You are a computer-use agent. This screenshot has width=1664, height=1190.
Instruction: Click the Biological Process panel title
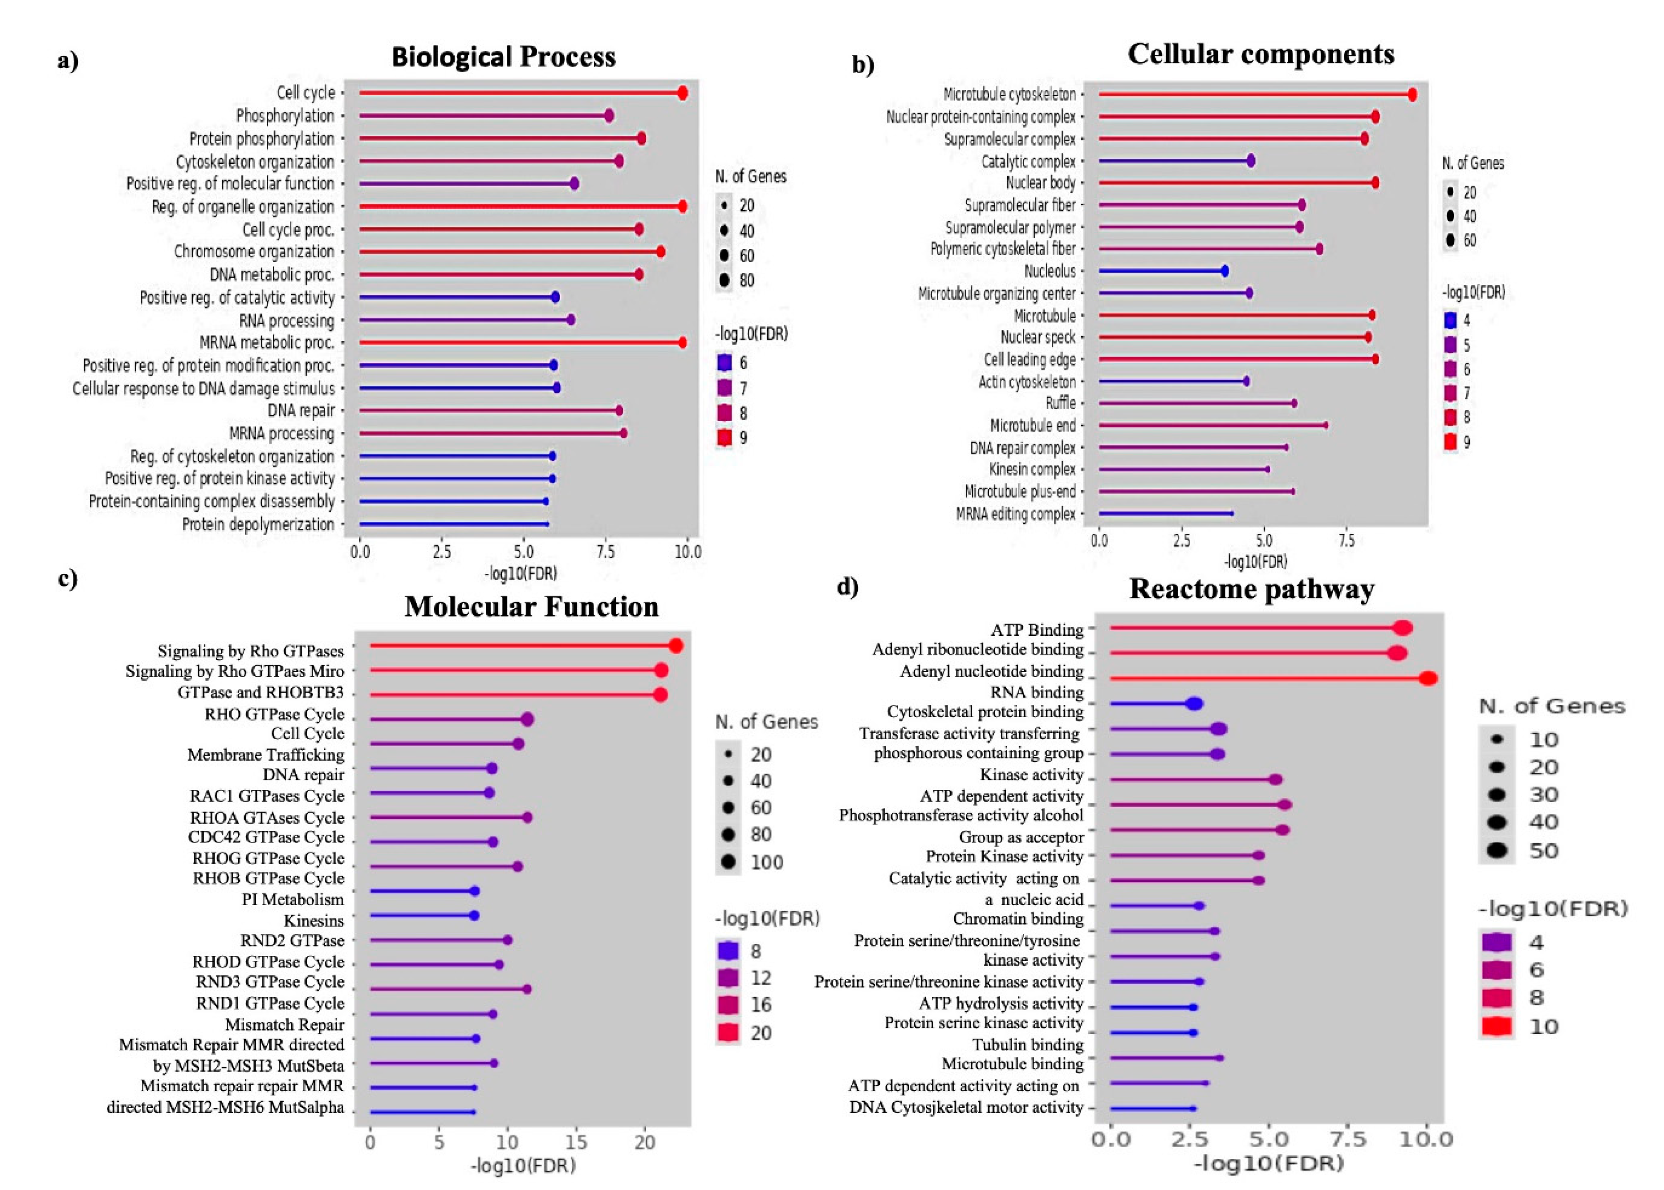click(503, 57)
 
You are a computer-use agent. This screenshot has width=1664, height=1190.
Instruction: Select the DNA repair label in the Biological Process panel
click(301, 410)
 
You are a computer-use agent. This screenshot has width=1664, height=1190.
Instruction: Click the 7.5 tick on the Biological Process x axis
click(605, 552)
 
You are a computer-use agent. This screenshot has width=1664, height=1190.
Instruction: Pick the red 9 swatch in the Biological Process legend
click(724, 438)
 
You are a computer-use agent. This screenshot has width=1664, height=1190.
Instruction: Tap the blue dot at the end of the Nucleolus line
click(1225, 271)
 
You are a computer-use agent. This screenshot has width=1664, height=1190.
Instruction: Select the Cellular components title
click(1260, 54)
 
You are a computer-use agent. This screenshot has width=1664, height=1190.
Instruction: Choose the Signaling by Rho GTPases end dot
click(675, 646)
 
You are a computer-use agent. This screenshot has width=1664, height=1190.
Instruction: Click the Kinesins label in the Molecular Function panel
click(313, 920)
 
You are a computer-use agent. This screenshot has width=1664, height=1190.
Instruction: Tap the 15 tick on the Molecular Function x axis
click(576, 1141)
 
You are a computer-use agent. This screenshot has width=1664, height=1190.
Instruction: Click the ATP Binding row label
click(1036, 630)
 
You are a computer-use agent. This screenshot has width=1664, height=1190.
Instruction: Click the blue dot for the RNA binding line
click(1194, 703)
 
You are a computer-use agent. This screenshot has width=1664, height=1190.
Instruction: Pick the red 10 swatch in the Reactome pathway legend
click(1496, 1026)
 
